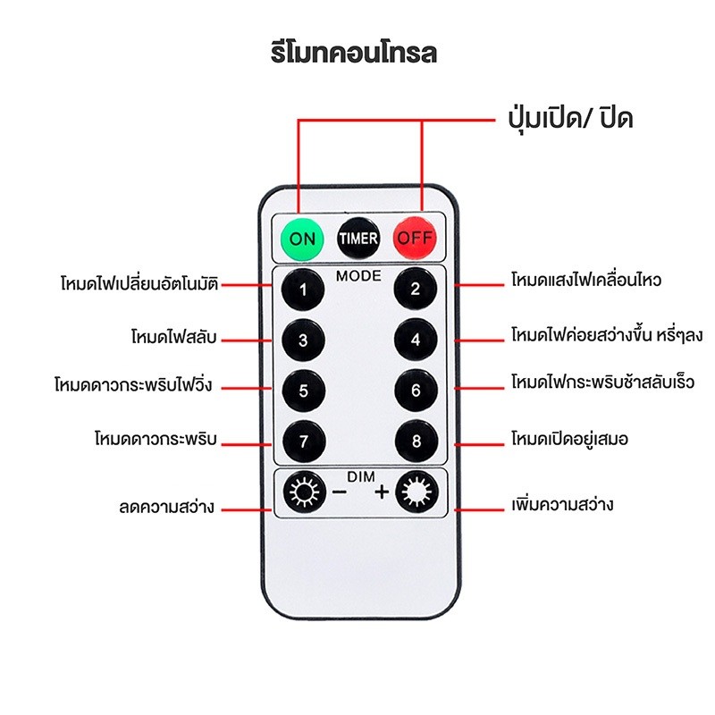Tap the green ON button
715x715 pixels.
click(x=302, y=239)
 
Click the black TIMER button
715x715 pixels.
click(x=358, y=238)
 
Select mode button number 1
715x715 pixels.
click(x=303, y=289)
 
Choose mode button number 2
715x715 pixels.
click(x=415, y=288)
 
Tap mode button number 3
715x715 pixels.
click(x=303, y=340)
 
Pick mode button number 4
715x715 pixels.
click(x=416, y=340)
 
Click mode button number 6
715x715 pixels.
click(x=416, y=391)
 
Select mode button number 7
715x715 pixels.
click(x=304, y=442)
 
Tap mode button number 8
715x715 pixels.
click(x=416, y=441)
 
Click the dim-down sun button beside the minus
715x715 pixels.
click(x=304, y=492)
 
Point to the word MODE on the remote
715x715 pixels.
click(x=358, y=276)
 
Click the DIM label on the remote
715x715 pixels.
click(x=361, y=477)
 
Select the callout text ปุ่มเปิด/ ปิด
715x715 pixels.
click(x=570, y=119)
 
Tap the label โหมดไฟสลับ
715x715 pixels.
click(x=173, y=338)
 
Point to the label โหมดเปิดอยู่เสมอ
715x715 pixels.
click(x=569, y=440)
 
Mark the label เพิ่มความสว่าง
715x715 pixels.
click(x=562, y=504)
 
